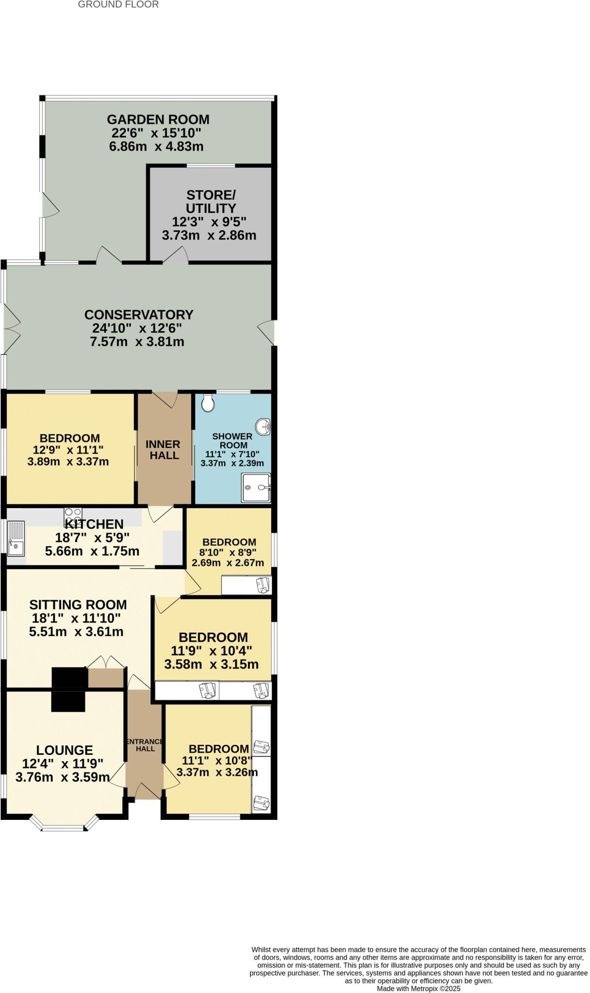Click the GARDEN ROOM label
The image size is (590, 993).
[158, 119]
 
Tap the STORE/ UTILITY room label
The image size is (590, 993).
[211, 202]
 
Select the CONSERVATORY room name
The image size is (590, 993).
[139, 315]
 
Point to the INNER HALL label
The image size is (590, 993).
[163, 449]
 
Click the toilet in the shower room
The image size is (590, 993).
[208, 402]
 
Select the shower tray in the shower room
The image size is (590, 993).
[256, 487]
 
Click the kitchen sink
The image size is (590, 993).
[16, 538]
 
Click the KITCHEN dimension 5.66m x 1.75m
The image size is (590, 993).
[92, 551]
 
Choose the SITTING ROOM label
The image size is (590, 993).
[78, 605]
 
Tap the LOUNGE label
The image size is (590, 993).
[65, 750]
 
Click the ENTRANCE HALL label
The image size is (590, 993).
[145, 745]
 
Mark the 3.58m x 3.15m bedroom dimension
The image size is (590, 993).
[211, 664]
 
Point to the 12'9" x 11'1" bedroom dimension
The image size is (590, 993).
[68, 449]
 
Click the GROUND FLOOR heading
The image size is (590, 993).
[118, 5]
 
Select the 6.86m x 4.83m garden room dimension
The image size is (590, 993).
[156, 146]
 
